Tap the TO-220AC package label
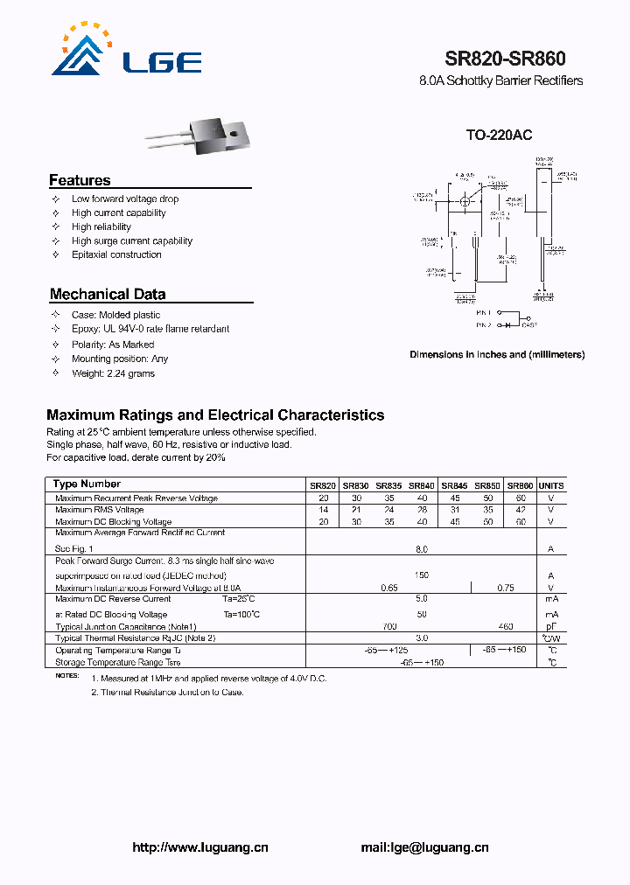(498, 136)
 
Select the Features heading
(80, 180)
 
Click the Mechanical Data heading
(107, 295)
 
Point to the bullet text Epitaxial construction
(116, 254)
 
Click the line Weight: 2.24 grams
(113, 373)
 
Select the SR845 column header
(453, 485)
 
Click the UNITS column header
(551, 485)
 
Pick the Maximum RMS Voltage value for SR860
(521, 510)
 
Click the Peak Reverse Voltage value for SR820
(323, 498)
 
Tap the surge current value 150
(421, 575)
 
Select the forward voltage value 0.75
(505, 589)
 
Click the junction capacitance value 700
(389, 627)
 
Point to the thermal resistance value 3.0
(421, 638)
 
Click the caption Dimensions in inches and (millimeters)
(497, 355)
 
